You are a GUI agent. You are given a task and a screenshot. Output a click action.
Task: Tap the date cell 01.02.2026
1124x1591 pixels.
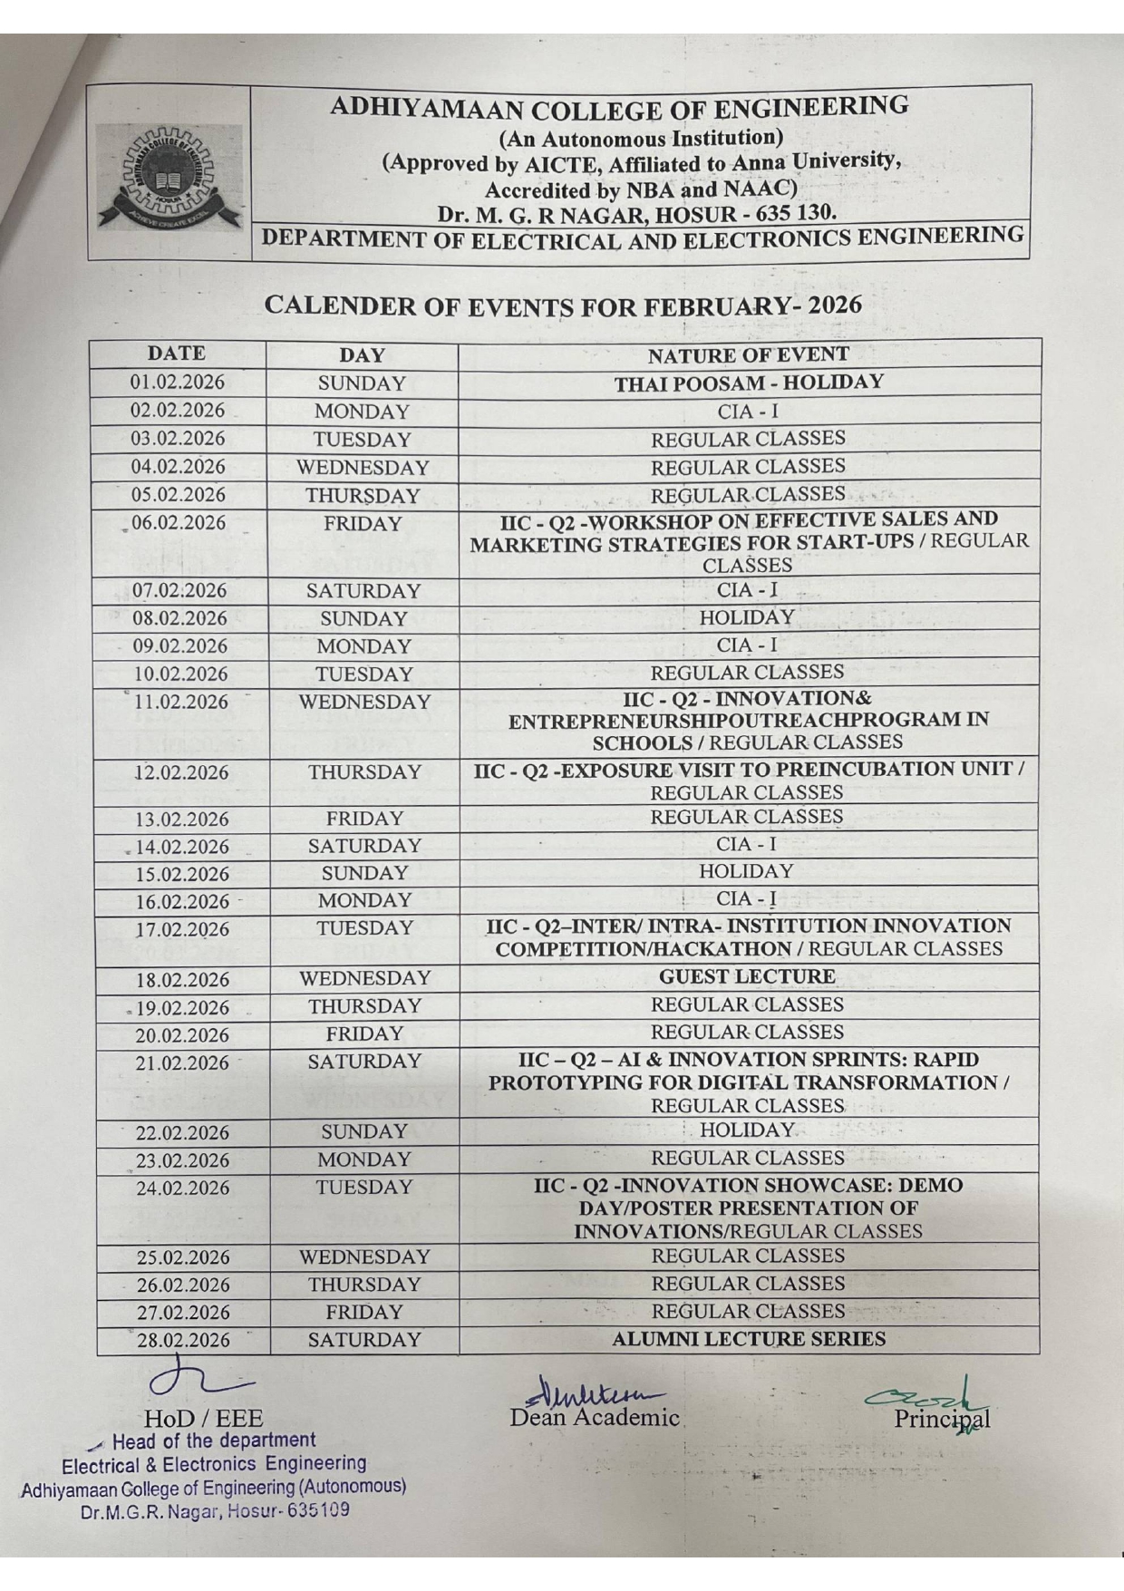178,383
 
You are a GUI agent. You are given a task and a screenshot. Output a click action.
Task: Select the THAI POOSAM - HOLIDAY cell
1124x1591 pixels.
749,383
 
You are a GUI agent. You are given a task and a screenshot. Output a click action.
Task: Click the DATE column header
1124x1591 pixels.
177,354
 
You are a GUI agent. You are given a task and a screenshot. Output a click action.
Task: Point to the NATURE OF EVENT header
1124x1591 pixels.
749,354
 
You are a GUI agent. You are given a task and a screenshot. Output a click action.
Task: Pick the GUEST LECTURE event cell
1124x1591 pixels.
748,976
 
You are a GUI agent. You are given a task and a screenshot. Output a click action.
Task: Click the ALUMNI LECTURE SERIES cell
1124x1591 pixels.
749,1339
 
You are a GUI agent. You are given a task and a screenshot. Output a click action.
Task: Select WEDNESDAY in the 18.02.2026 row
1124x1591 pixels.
364,978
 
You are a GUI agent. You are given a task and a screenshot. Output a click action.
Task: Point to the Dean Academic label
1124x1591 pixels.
595,1417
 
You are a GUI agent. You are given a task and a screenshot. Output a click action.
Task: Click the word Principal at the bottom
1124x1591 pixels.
942,1419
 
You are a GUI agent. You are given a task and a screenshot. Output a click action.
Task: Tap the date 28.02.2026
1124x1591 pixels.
183,1340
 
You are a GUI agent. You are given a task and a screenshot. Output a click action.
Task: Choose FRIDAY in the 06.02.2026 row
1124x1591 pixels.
363,524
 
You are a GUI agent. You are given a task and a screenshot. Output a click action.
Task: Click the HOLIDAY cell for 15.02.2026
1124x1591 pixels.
746,871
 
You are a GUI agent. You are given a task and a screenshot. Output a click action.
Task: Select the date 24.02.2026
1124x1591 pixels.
183,1188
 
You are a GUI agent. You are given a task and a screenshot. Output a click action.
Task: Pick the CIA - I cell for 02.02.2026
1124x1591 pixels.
748,411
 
